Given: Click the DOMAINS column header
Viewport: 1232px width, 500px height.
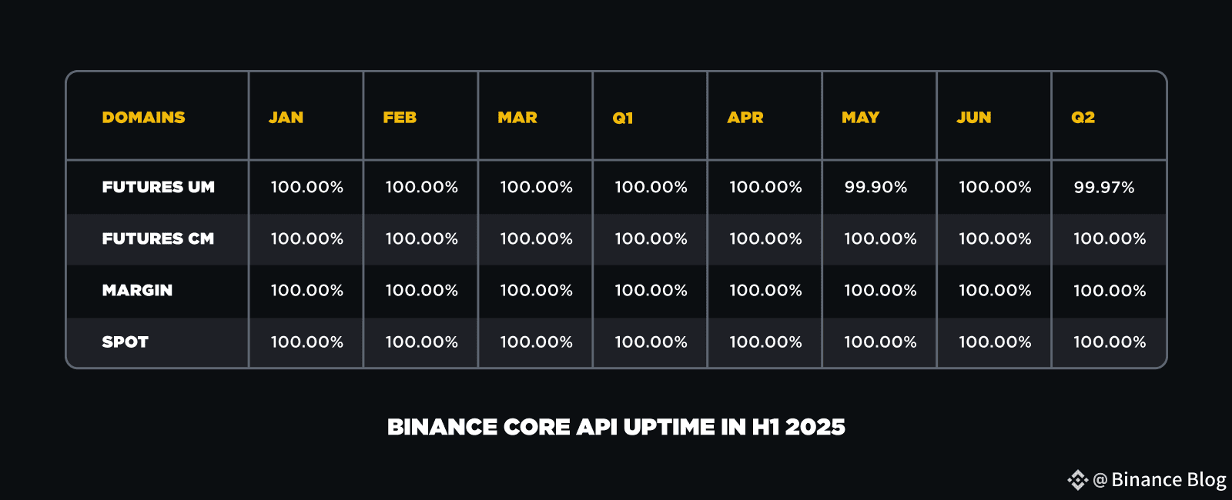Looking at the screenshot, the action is click(x=143, y=118).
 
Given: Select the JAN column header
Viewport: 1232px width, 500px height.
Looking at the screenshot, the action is click(x=286, y=118).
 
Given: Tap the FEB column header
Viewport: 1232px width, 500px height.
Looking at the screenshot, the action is click(x=400, y=118).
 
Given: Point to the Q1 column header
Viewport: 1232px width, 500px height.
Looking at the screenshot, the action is click(x=623, y=118).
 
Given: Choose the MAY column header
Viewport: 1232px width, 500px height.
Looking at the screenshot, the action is click(x=861, y=118).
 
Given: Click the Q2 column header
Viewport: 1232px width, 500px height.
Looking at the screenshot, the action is click(x=1083, y=118).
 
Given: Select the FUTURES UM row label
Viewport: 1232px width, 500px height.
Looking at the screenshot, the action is click(x=159, y=188).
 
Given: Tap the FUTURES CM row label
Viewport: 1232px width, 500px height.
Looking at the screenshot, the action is click(x=158, y=239).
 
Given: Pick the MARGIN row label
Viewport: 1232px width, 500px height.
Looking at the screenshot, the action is click(x=137, y=291).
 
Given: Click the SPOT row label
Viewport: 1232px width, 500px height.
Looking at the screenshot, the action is click(x=126, y=342).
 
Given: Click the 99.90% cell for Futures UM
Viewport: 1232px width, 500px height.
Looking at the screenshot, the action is click(x=875, y=188).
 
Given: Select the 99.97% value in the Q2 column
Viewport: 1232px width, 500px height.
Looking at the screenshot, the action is click(x=1104, y=188).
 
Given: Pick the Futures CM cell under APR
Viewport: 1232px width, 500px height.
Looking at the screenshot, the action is click(x=765, y=239).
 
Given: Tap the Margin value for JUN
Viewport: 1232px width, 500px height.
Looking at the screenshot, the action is click(x=995, y=291).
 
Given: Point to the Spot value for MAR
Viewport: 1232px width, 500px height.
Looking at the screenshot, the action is click(x=536, y=342).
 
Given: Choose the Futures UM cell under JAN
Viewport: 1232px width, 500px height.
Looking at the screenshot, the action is click(x=307, y=188).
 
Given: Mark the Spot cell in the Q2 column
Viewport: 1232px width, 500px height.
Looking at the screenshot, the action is click(x=1110, y=342).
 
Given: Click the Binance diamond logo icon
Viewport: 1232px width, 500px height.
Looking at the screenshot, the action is click(x=1078, y=480).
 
